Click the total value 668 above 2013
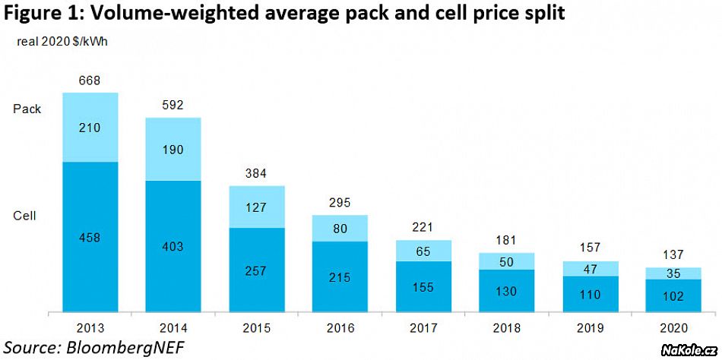click(x=90, y=81)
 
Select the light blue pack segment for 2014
click(x=173, y=149)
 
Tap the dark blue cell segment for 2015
click(x=257, y=270)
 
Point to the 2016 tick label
click(x=340, y=328)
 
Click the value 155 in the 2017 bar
click(x=424, y=288)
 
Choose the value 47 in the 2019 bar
click(x=591, y=269)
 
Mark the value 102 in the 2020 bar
click(x=673, y=297)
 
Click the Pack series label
click(x=27, y=109)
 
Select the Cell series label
click(x=25, y=216)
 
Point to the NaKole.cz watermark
click(x=687, y=349)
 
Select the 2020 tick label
click(x=673, y=328)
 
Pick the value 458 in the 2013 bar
click(x=90, y=238)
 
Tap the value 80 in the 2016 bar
click(x=340, y=228)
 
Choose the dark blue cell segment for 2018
click(x=507, y=291)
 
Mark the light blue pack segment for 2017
click(x=424, y=251)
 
